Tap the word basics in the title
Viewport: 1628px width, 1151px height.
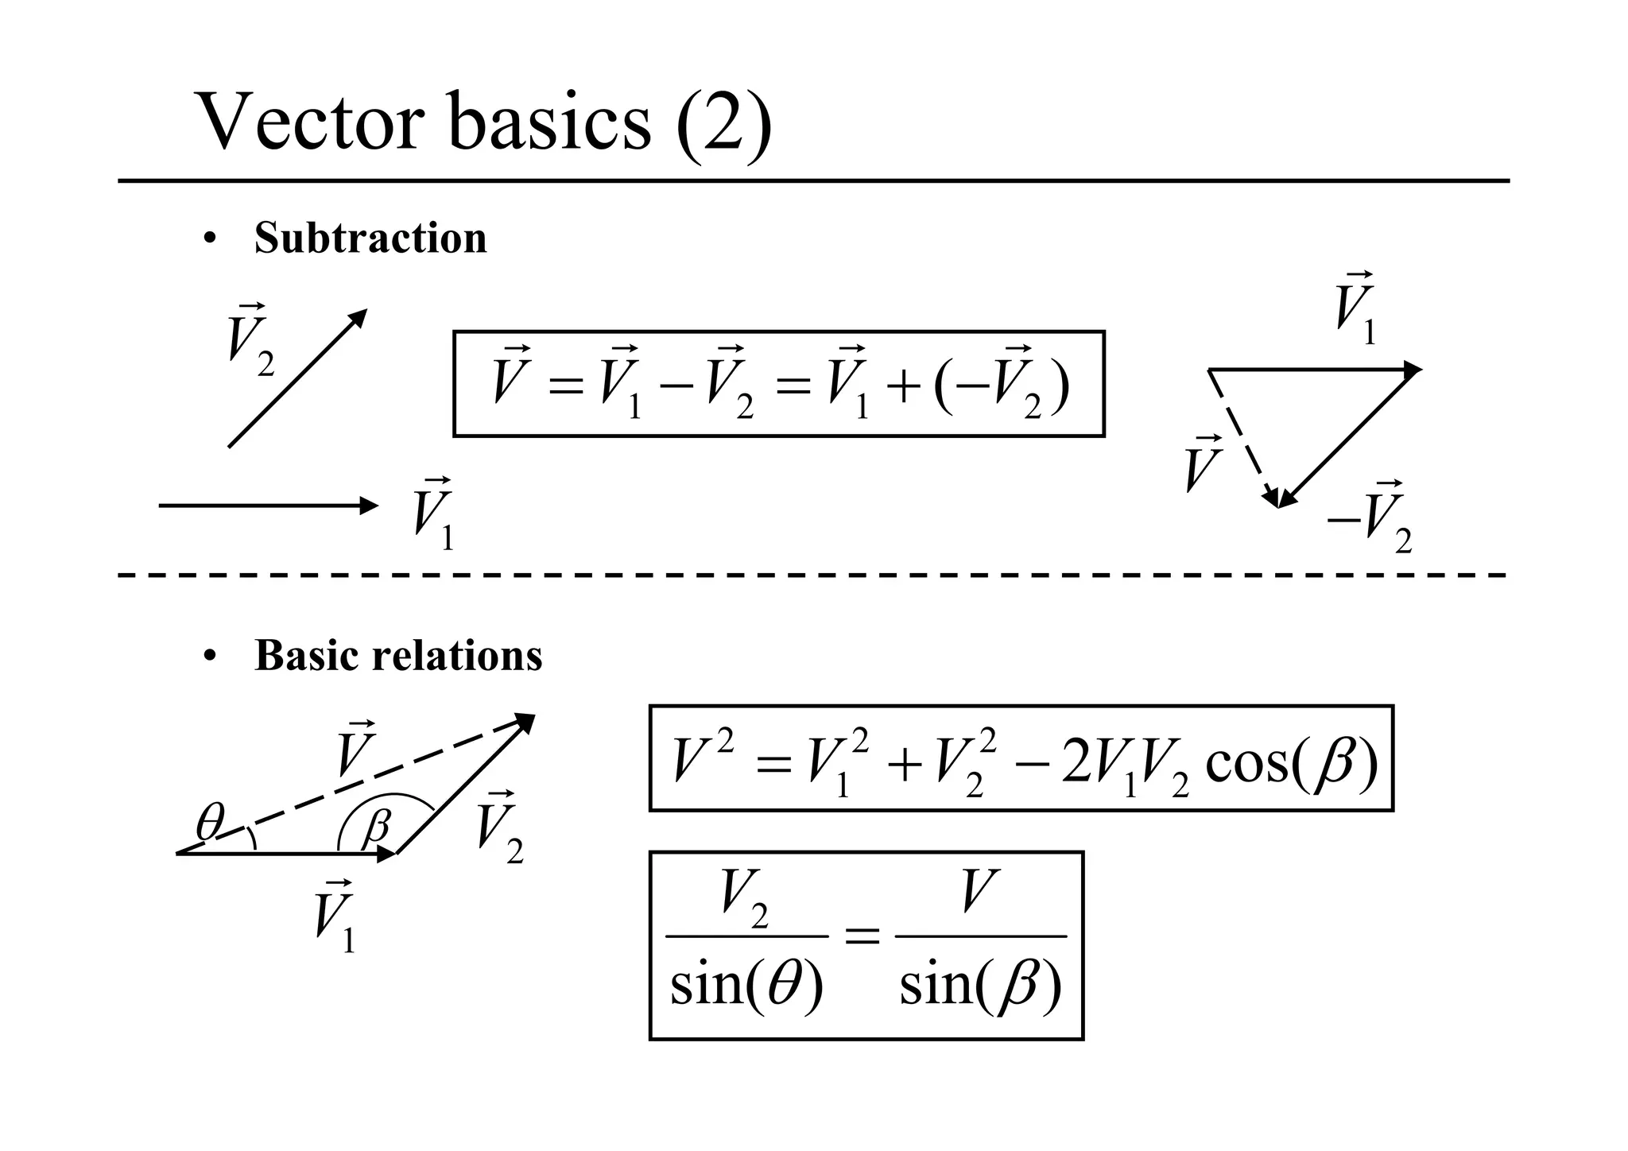tap(549, 122)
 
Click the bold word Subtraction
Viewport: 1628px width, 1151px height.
tap(370, 238)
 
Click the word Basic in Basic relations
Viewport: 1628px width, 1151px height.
tap(305, 656)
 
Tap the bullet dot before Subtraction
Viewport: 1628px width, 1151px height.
tap(209, 239)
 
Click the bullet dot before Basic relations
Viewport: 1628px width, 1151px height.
tap(209, 657)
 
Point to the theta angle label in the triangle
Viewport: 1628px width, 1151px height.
tap(210, 822)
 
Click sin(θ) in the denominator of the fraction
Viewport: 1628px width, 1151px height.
tap(746, 985)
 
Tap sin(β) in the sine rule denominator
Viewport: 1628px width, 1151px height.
tap(980, 985)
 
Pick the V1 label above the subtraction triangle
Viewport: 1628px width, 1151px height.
tap(1355, 310)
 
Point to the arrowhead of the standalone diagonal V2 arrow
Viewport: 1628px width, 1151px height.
tap(359, 316)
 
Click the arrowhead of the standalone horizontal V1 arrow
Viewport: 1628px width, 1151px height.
tap(370, 505)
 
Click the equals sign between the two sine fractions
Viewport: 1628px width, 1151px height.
tap(862, 938)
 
